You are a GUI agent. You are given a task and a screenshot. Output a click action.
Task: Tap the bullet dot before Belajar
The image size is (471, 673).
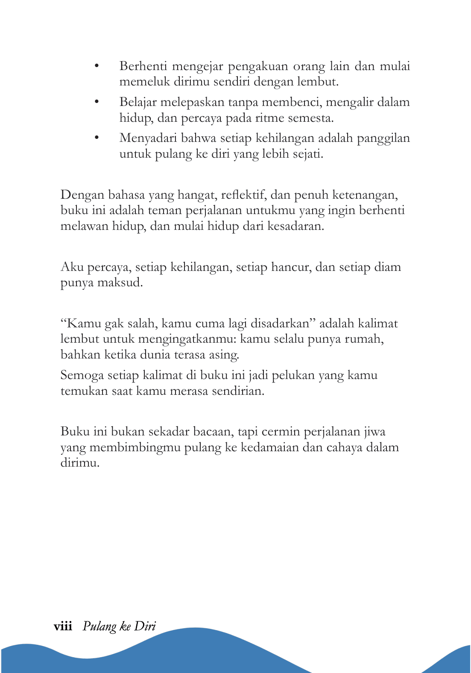(x=97, y=102)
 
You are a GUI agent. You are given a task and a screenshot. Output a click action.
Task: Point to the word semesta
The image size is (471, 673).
(x=310, y=118)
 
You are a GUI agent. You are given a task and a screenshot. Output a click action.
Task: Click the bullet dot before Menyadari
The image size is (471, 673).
(x=97, y=138)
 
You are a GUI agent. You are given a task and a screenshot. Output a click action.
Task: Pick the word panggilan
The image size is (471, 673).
(x=383, y=138)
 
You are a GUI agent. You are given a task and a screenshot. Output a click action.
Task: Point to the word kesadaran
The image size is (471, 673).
(x=295, y=226)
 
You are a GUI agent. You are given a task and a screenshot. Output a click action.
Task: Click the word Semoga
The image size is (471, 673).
(x=82, y=376)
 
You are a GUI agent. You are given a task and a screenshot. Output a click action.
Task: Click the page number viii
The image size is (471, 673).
(x=63, y=626)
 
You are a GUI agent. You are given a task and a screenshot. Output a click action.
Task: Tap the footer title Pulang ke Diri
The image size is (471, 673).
(x=119, y=626)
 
